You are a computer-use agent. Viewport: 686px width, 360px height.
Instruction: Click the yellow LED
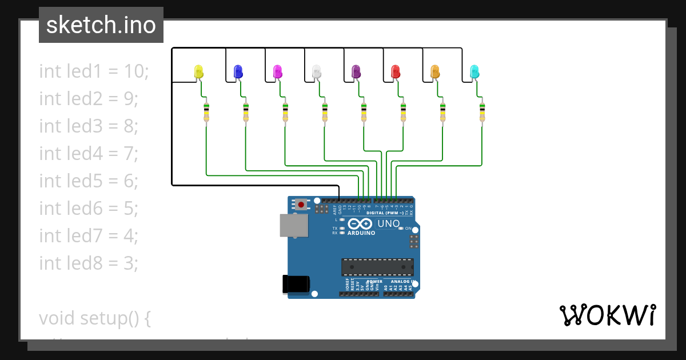pyautogui.click(x=199, y=71)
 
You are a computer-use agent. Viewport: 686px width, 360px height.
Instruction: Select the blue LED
pyautogui.click(x=238, y=71)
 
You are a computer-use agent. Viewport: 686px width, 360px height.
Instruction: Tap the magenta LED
pyautogui.click(x=278, y=71)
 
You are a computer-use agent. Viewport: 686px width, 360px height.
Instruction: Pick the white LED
pyautogui.click(x=317, y=71)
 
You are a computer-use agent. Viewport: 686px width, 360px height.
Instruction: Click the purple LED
pyautogui.click(x=356, y=71)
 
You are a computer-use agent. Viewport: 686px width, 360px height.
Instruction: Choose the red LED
pyautogui.click(x=396, y=71)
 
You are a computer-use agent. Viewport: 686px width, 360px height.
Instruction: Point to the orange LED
pyautogui.click(x=435, y=71)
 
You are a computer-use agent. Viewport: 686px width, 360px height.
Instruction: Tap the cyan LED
pyautogui.click(x=474, y=71)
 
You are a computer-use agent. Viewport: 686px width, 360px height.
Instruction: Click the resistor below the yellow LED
pyautogui.click(x=206, y=112)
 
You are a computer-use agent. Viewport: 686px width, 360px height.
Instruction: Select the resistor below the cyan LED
pyautogui.click(x=482, y=112)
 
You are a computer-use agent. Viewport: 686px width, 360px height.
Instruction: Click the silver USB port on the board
pyautogui.click(x=294, y=225)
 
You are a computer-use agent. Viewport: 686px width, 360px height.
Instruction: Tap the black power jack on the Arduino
pyautogui.click(x=297, y=284)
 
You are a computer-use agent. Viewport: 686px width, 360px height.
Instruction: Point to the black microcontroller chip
pyautogui.click(x=377, y=267)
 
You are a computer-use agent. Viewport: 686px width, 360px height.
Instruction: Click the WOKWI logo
pyautogui.click(x=607, y=315)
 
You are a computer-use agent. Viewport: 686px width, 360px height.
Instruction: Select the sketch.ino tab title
pyautogui.click(x=101, y=25)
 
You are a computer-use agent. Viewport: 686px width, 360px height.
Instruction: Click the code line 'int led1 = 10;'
pyautogui.click(x=94, y=71)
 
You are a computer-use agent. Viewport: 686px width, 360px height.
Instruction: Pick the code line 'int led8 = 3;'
pyautogui.click(x=89, y=263)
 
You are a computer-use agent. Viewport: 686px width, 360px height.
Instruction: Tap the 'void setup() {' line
pyautogui.click(x=95, y=318)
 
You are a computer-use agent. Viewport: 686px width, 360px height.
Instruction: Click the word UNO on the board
pyautogui.click(x=389, y=223)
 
